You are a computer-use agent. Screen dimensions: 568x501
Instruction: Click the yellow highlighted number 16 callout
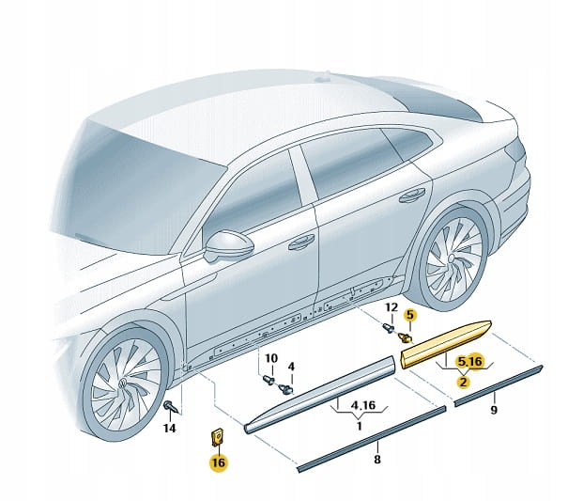pyautogui.click(x=219, y=462)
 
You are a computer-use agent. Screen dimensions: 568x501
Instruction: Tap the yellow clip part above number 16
pyautogui.click(x=218, y=437)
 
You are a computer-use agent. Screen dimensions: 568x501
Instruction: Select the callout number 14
pyautogui.click(x=169, y=428)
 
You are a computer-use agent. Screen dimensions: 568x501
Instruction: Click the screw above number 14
pyautogui.click(x=170, y=406)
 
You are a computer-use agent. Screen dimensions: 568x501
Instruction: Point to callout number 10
pyautogui.click(x=271, y=358)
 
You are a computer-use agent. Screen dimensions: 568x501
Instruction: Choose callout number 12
pyautogui.click(x=391, y=307)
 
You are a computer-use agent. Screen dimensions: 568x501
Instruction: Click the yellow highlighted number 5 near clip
pyautogui.click(x=409, y=315)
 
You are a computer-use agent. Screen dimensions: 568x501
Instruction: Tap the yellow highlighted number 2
pyautogui.click(x=463, y=382)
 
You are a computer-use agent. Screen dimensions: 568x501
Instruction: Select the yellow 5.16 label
pyautogui.click(x=470, y=362)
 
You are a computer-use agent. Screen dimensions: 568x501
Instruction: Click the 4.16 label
pyautogui.click(x=363, y=405)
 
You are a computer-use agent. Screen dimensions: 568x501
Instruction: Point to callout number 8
pyautogui.click(x=377, y=460)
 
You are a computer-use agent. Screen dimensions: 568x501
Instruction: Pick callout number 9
pyautogui.click(x=494, y=410)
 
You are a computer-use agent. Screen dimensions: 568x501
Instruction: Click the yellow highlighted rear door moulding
pyautogui.click(x=446, y=343)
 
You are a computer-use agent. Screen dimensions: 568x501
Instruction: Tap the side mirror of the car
pyautogui.click(x=228, y=245)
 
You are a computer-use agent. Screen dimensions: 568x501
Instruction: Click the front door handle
pyautogui.click(x=301, y=242)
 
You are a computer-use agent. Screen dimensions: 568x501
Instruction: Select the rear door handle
pyautogui.click(x=412, y=195)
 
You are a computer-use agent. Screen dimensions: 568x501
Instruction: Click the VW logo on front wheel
pyautogui.click(x=123, y=383)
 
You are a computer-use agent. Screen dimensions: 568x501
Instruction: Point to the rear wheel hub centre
pyautogui.click(x=452, y=258)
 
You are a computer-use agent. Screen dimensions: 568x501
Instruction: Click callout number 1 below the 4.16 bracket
pyautogui.click(x=359, y=426)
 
